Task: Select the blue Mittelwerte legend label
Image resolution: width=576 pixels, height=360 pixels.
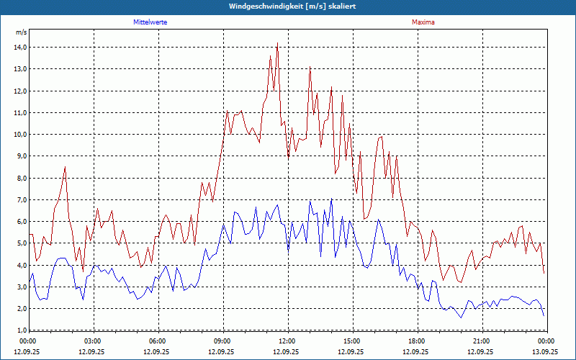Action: (x=150, y=22)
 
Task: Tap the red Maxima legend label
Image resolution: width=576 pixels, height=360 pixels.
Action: (x=423, y=22)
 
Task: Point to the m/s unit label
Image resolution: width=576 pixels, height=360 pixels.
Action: (x=21, y=32)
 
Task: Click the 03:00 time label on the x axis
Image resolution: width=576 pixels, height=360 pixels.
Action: (x=93, y=341)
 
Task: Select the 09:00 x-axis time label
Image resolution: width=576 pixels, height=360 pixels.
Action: (x=222, y=341)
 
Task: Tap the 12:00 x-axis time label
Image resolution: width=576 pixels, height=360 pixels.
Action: (x=287, y=341)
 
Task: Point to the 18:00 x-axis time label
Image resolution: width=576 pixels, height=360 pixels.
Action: (x=417, y=341)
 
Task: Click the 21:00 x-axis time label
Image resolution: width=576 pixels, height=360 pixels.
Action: (x=482, y=341)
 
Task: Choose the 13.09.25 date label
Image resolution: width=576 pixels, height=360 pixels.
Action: (x=545, y=352)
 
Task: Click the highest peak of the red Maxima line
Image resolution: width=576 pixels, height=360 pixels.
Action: (x=277, y=44)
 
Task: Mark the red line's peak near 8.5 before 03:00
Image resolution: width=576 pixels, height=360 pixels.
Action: (x=66, y=167)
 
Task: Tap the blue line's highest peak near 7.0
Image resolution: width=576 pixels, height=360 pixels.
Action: (x=331, y=199)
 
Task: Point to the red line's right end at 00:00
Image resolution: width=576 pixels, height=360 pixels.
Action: (x=544, y=272)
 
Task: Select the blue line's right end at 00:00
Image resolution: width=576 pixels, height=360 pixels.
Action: (x=544, y=315)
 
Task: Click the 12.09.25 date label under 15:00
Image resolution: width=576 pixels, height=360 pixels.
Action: (x=352, y=352)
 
